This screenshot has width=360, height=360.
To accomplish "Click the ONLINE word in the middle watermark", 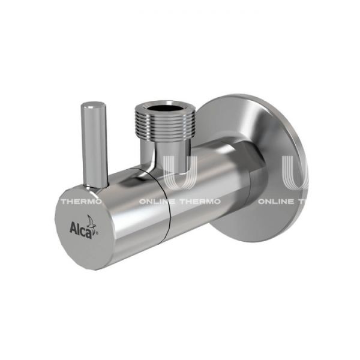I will (158, 202).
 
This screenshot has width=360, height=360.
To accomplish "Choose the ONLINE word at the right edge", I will (276, 202).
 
